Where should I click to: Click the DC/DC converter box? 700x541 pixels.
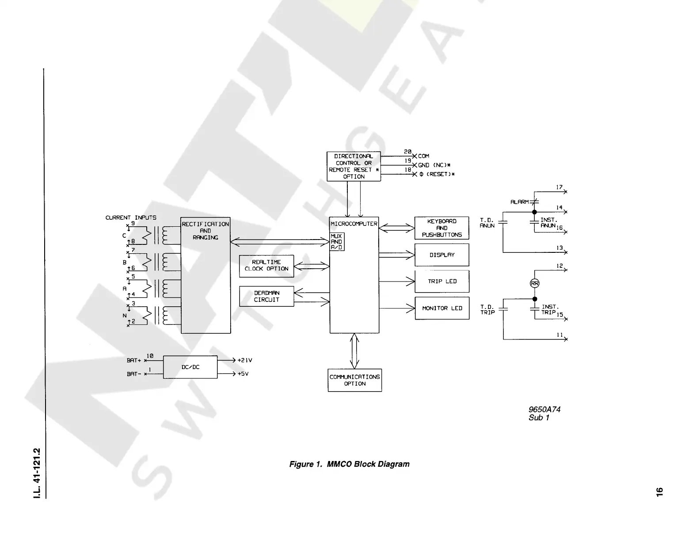(x=190, y=367)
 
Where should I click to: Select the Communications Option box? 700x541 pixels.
(x=354, y=380)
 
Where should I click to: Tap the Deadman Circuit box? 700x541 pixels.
(x=266, y=296)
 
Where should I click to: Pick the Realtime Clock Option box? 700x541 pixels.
(x=266, y=266)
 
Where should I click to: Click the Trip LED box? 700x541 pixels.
(x=442, y=281)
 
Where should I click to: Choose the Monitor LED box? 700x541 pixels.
(x=442, y=308)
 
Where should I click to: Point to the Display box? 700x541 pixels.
(x=442, y=255)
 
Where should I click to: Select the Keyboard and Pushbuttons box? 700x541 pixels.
(x=442, y=228)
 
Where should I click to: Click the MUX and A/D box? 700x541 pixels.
(x=337, y=242)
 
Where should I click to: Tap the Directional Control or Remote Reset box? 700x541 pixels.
(x=354, y=166)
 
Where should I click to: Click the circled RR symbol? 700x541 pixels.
(x=535, y=283)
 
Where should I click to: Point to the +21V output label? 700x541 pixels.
(x=245, y=360)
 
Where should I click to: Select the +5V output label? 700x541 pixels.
(x=243, y=374)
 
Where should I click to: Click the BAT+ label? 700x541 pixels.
(x=133, y=361)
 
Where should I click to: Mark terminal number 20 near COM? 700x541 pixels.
(x=407, y=152)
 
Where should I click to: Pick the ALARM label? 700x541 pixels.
(x=520, y=202)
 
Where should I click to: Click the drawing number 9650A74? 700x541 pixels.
(x=544, y=409)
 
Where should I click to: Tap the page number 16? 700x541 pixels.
(x=659, y=491)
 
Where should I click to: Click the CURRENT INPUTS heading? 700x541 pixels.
(x=131, y=217)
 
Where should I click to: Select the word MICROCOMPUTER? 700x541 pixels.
(x=354, y=224)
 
